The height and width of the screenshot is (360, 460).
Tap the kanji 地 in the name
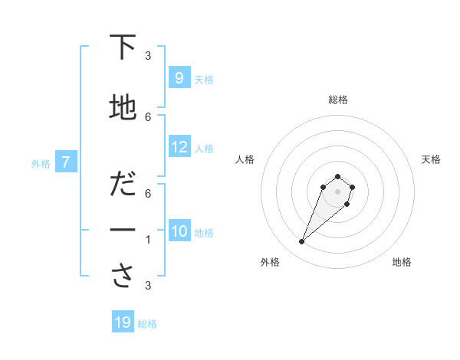click(123, 108)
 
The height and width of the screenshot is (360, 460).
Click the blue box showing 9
click(179, 77)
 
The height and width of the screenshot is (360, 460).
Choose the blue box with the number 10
click(179, 231)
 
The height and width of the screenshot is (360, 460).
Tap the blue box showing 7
click(66, 162)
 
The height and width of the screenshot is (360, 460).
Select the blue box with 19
click(122, 322)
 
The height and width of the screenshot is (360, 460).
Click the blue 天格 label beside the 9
click(204, 80)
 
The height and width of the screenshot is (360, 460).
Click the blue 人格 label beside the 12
click(204, 149)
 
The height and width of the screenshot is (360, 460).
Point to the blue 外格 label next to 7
click(41, 163)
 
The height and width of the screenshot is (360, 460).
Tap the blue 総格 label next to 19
click(147, 324)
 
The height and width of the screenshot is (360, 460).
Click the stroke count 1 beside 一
click(148, 240)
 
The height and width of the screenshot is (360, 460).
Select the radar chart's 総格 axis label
click(337, 100)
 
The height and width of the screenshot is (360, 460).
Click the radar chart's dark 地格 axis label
click(402, 262)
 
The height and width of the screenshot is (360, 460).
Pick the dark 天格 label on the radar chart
click(432, 159)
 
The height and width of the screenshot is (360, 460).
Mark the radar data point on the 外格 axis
click(301, 242)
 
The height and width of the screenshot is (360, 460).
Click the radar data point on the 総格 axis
click(337, 177)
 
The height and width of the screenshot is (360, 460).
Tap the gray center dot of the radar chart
click(337, 191)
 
